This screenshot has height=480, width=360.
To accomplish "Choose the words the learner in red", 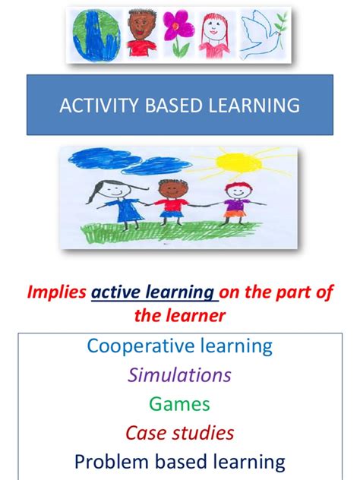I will tap(179, 314).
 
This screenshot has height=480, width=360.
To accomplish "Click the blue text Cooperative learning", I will tap(179, 346).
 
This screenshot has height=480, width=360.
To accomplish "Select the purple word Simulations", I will tap(179, 374).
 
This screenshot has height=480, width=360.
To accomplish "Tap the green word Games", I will tap(179, 403).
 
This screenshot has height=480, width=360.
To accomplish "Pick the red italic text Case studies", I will tap(179, 432).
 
